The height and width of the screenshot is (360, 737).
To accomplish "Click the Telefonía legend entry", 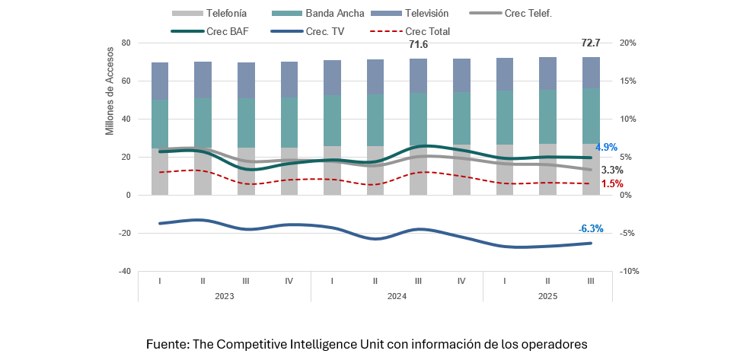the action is (x=209, y=13).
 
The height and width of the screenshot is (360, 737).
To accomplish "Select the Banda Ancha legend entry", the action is (x=318, y=13).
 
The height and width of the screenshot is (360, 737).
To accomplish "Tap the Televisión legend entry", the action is (x=410, y=13).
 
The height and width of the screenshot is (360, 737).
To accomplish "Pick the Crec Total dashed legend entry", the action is (x=410, y=31).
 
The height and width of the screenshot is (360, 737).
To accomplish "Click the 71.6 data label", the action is (x=418, y=45).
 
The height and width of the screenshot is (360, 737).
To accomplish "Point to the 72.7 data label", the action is (x=590, y=43).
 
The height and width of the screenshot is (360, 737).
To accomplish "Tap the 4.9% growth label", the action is (x=606, y=147).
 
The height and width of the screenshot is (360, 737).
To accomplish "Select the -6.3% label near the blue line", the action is (x=591, y=229).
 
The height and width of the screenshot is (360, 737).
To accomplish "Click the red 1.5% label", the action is (x=612, y=183).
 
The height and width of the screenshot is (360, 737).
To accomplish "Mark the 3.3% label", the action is (x=612, y=170).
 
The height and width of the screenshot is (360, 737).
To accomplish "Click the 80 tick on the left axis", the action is (x=126, y=43).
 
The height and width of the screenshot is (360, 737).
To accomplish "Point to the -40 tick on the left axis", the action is (x=124, y=271).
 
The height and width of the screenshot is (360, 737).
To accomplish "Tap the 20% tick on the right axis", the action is (x=627, y=43).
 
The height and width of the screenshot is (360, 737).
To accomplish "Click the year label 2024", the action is (x=397, y=297).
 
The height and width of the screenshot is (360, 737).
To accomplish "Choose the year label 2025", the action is (x=547, y=297).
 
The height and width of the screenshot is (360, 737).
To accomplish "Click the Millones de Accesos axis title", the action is (x=110, y=91).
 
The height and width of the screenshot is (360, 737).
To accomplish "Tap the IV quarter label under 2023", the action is (x=289, y=281).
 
